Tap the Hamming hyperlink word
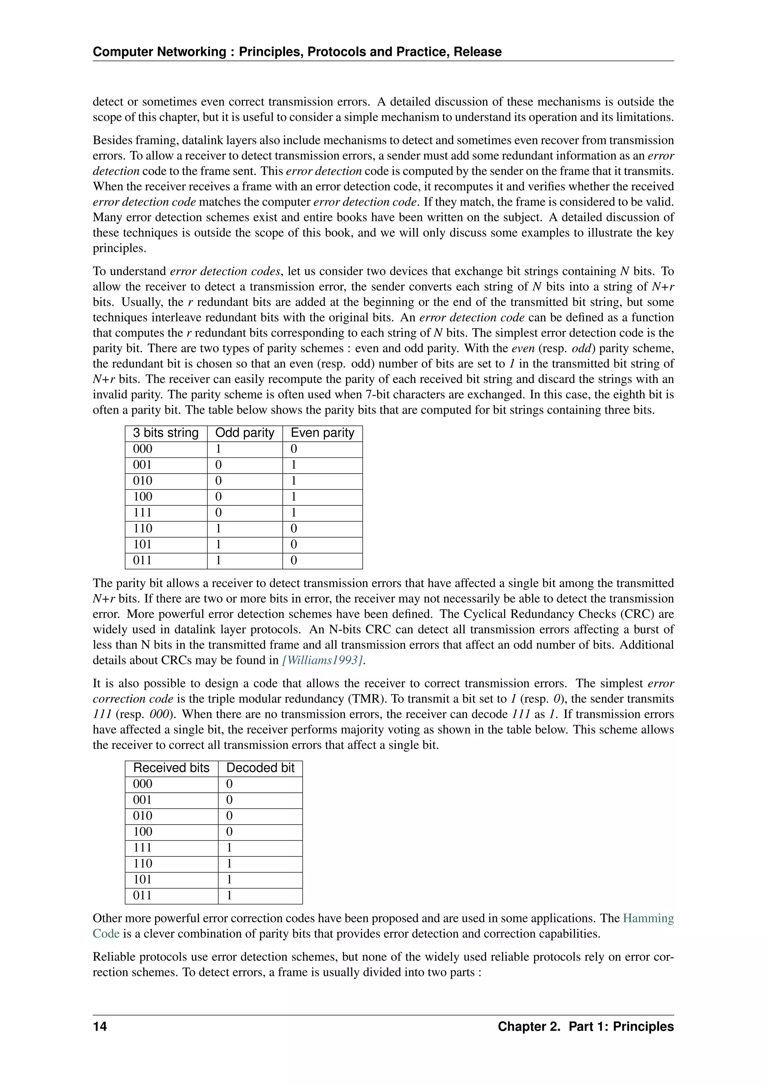648,918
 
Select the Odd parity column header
245,433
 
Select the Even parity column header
322,433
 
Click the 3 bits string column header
166,433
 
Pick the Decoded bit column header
260,768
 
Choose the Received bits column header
171,768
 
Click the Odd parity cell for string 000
218,449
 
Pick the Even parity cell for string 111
294,513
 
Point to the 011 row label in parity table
143,560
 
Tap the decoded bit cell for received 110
230,863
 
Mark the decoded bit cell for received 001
230,800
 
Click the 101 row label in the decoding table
143,879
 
